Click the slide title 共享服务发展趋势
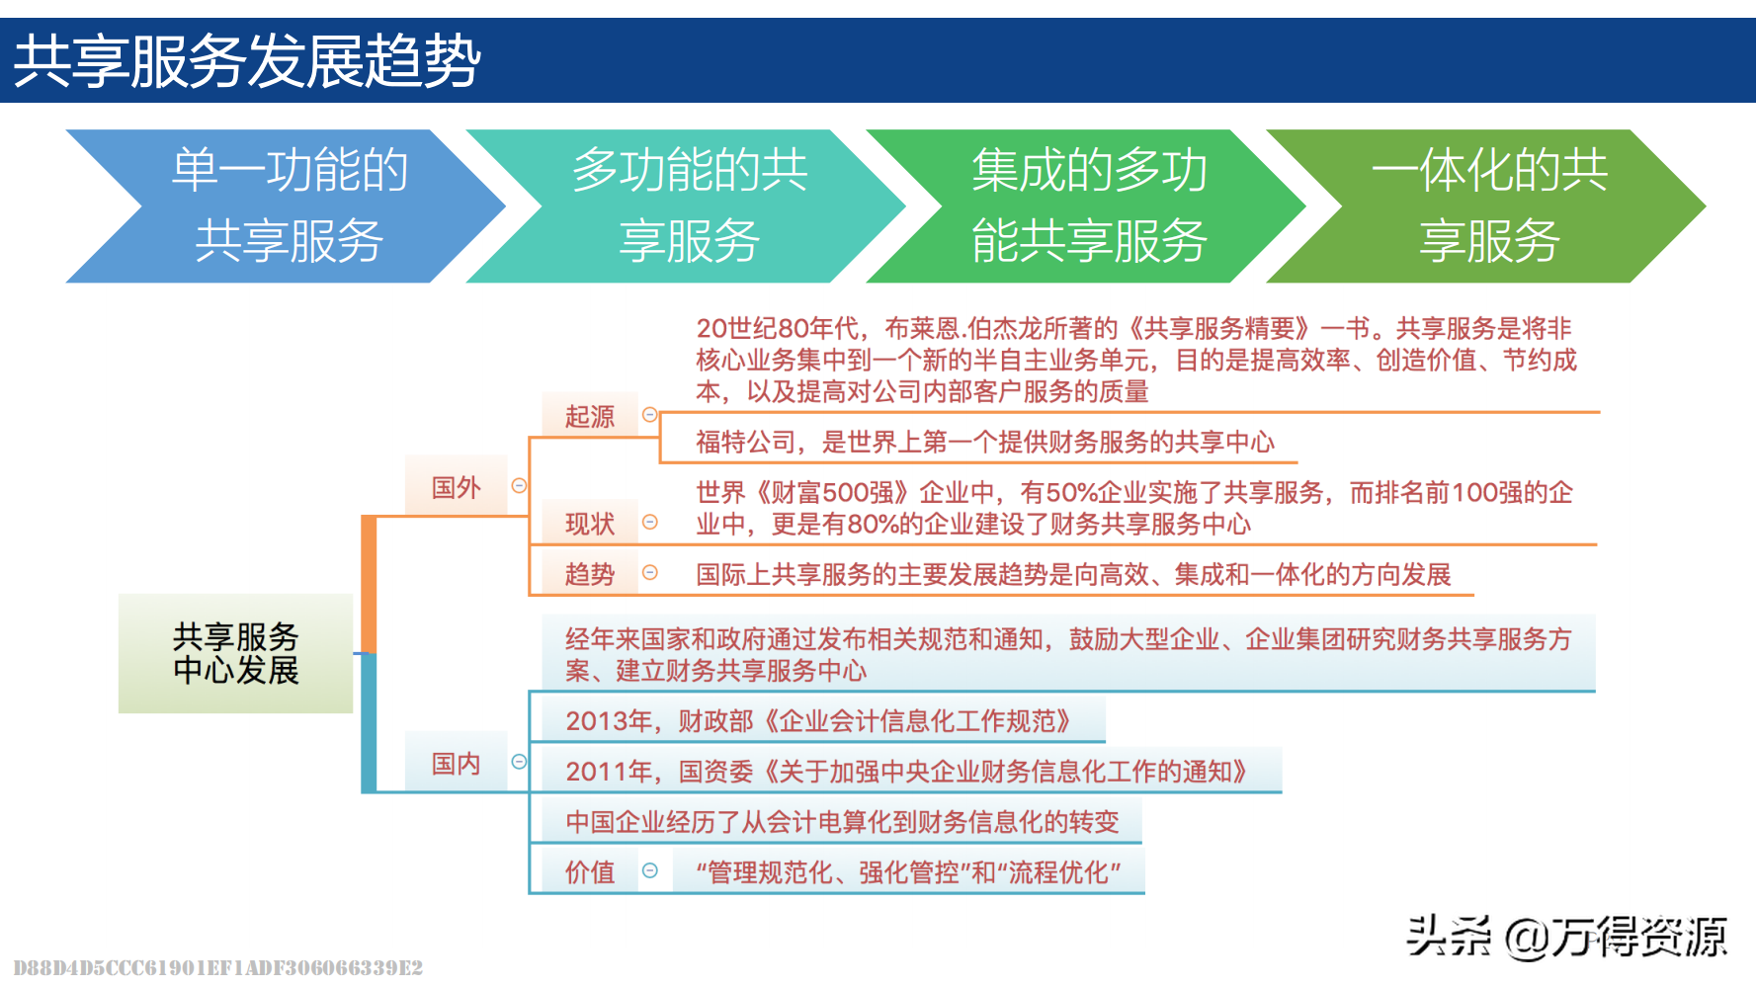click(247, 61)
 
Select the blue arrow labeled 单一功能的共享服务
click(287, 206)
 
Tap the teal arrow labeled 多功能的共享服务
click(687, 206)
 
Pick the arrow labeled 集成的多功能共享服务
click(1087, 206)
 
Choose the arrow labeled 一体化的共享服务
click(1487, 206)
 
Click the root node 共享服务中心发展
click(235, 653)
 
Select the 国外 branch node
click(456, 486)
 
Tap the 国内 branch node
click(456, 763)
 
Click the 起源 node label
click(590, 416)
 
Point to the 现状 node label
click(590, 524)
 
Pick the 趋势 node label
click(590, 574)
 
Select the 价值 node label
click(590, 871)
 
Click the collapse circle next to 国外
click(519, 485)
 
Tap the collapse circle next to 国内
click(519, 762)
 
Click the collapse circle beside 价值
click(650, 870)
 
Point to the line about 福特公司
click(985, 442)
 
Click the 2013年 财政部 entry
click(819, 721)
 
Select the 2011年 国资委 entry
click(907, 771)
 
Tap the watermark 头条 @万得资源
click(1567, 936)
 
